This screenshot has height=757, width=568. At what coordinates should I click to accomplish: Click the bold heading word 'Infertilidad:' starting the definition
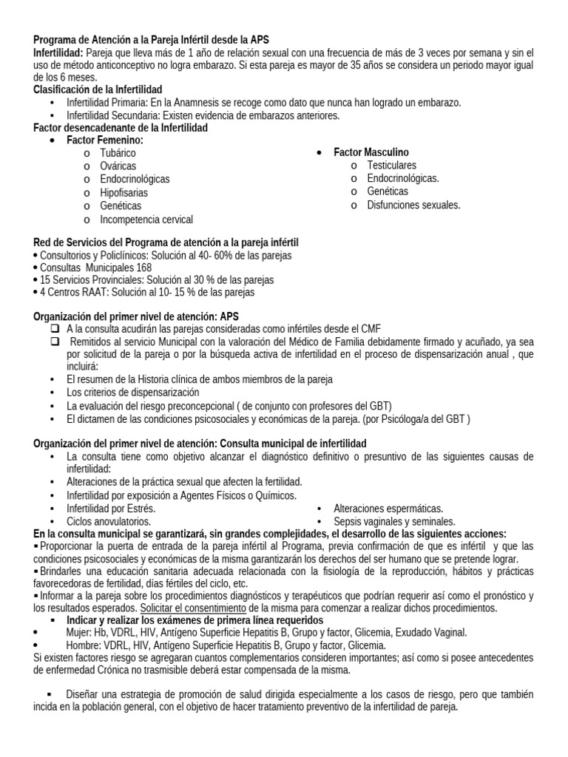coord(59,53)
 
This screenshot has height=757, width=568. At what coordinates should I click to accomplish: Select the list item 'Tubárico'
coord(118,153)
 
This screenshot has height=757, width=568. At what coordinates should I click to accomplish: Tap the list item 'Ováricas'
coord(118,166)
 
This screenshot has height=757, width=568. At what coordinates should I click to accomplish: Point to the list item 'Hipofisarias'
coord(124,193)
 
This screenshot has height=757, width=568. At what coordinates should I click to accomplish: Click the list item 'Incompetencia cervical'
coord(146,220)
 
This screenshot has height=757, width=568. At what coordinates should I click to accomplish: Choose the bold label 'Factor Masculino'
coord(371,152)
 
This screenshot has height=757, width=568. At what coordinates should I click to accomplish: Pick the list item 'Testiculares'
coord(391,166)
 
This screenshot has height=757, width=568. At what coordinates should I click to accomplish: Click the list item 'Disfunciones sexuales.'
coord(413,206)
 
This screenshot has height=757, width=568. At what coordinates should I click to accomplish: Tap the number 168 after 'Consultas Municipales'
coord(143,268)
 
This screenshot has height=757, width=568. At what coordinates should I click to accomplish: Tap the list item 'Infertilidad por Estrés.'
coord(111,509)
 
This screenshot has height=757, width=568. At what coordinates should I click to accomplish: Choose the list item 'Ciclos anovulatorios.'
coord(108,521)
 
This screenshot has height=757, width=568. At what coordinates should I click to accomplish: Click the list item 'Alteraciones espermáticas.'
coord(388,509)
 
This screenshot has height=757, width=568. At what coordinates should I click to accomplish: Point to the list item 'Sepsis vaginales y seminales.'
coord(394,521)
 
